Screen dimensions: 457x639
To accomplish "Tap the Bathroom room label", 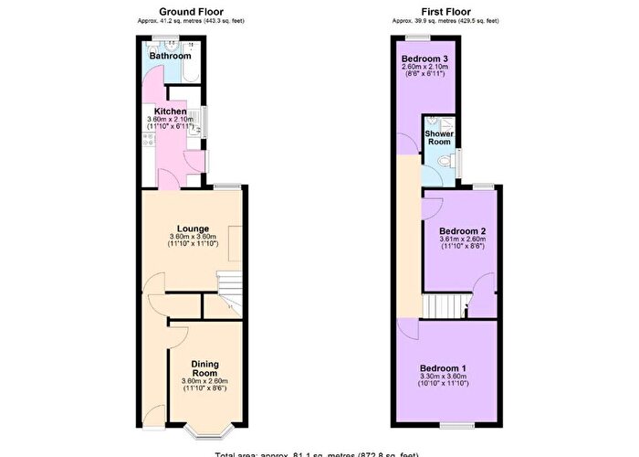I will point(170,56).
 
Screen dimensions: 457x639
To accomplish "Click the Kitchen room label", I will point(170,111).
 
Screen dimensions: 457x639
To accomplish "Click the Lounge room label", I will point(194,228).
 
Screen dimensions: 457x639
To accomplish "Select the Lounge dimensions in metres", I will point(194,237).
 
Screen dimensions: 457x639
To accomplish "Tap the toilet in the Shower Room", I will point(444,160).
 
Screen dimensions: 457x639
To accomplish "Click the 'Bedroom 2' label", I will point(461,230).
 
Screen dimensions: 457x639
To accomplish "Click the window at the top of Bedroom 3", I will point(420,37).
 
